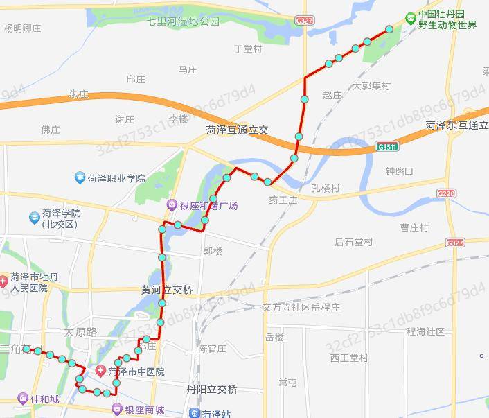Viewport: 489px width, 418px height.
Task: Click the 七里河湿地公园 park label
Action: pyautogui.click(x=184, y=21)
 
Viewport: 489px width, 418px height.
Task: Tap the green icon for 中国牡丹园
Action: pyautogui.click(x=411, y=15)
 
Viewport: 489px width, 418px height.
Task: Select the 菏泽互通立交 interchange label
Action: pyautogui.click(x=237, y=130)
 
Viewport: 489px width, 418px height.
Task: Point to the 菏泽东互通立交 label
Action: pyautogui.click(x=457, y=125)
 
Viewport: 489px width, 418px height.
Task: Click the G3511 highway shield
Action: pyautogui.click(x=387, y=147)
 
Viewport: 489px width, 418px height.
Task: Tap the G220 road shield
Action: pyautogui.click(x=447, y=194)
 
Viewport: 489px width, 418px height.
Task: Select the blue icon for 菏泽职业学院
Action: pyautogui.click(x=80, y=178)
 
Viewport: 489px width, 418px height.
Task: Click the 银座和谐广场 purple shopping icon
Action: pyautogui.click(x=171, y=205)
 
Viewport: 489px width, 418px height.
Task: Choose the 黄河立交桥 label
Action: pyautogui.click(x=167, y=289)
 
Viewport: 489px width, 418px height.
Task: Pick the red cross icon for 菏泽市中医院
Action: pyautogui.click(x=101, y=372)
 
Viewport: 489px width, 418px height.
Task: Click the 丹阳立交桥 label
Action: pyautogui.click(x=212, y=390)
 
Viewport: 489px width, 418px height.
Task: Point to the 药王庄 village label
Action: pyautogui.click(x=283, y=200)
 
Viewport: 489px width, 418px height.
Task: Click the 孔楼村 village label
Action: pyautogui.click(x=326, y=188)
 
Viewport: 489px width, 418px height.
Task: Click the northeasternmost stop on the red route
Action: pyautogui.click(x=389, y=29)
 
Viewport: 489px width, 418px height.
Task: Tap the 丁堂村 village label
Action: pyautogui.click(x=248, y=49)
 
